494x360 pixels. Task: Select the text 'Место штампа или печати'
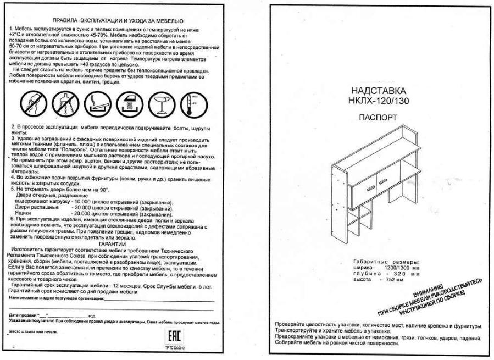tap(33, 331)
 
